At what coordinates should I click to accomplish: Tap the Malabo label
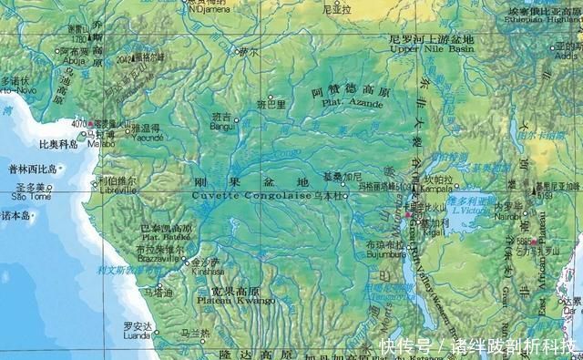pos(99,143)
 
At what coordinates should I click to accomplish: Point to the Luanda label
pos(138,335)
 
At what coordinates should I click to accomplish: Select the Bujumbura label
pos(384,254)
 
